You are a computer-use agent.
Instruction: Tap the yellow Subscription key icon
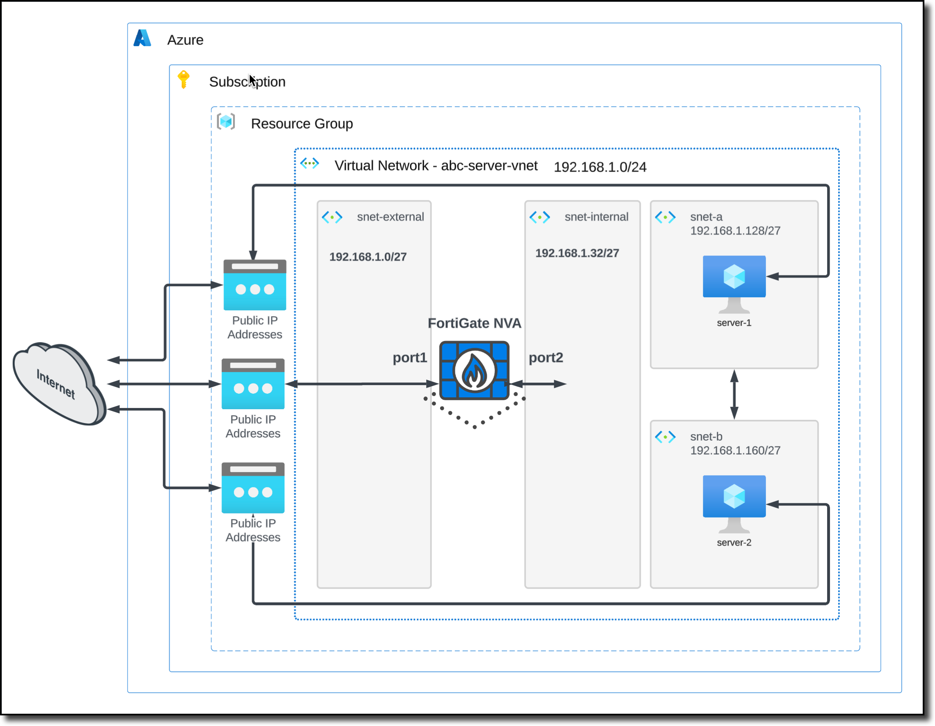[183, 79]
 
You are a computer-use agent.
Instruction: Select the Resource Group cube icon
[226, 122]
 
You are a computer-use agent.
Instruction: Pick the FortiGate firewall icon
[474, 370]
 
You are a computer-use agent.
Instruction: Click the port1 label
[410, 358]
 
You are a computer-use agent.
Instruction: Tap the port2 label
[546, 358]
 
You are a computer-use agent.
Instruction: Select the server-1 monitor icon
[734, 283]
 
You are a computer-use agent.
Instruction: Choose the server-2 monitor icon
[734, 502]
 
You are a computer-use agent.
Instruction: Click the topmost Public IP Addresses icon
[255, 285]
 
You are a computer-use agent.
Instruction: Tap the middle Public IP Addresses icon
[253, 384]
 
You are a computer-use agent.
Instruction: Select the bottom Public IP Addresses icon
[253, 487]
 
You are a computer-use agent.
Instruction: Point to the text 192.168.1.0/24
[600, 167]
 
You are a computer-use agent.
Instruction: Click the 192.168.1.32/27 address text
[577, 253]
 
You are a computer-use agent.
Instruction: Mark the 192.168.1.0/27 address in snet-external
[368, 257]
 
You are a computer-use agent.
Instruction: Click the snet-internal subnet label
[596, 217]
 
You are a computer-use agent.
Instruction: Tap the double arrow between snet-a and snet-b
[734, 394]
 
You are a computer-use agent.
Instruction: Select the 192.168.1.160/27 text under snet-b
[735, 450]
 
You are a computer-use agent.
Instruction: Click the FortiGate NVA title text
[474, 323]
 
